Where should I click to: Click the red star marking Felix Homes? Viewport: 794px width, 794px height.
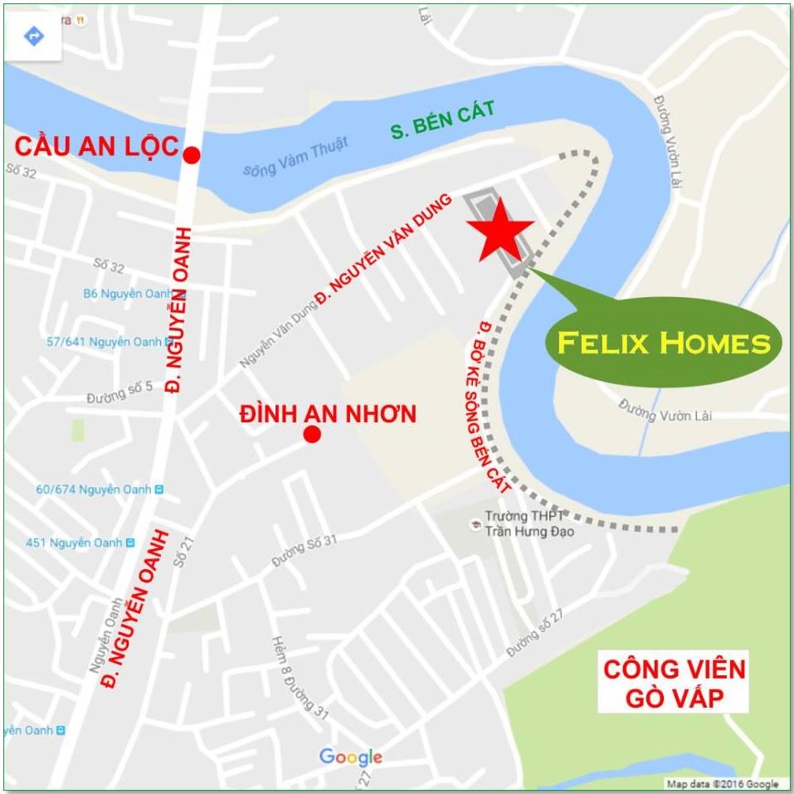pos(500,230)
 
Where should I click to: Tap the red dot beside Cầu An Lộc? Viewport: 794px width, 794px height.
pos(192,154)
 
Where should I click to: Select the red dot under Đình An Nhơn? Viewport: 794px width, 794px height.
pos(312,434)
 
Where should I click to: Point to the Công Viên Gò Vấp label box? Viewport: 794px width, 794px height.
pos(673,682)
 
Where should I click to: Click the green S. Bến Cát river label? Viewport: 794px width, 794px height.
pos(442,119)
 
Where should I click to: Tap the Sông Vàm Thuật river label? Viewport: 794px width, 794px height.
pos(295,158)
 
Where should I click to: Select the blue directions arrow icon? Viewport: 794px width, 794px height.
pos(33,36)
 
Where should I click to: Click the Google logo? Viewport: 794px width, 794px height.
pos(351,757)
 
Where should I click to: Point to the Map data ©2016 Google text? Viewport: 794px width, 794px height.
pos(723,784)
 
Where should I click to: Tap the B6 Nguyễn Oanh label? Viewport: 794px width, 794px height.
pos(127,293)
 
